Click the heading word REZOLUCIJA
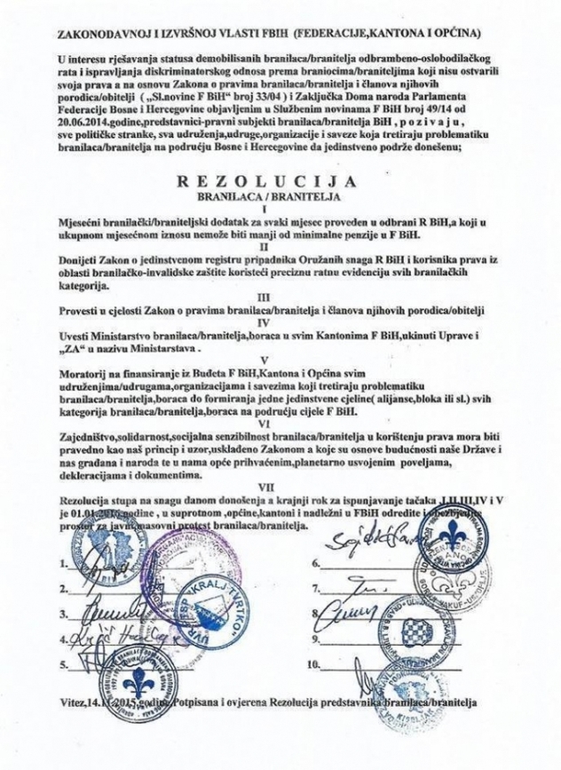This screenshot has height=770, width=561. [x=278, y=181]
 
